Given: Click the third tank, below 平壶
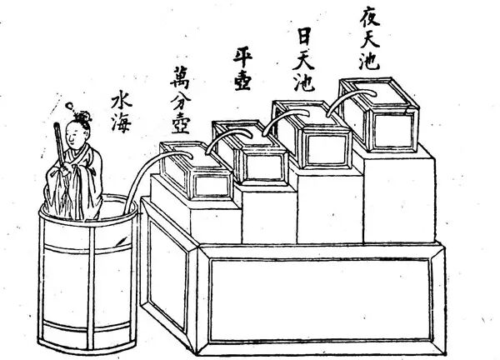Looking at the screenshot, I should pos(250,154).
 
